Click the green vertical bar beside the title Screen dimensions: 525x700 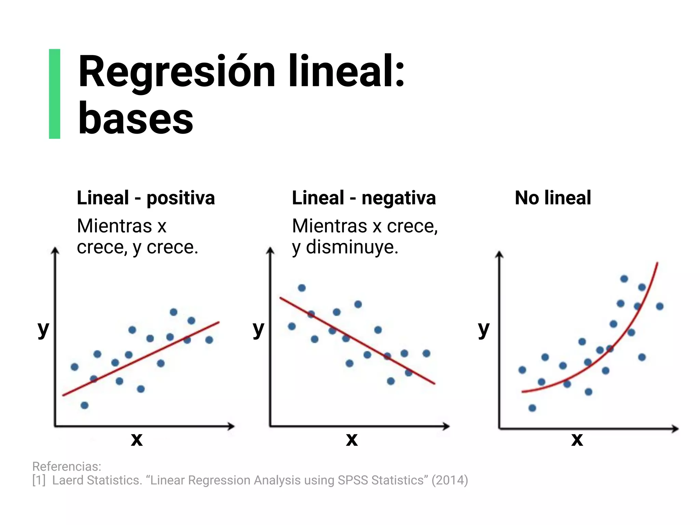tap(55, 94)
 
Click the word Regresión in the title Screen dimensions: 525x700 tap(177, 72)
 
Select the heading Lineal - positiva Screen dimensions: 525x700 tap(146, 198)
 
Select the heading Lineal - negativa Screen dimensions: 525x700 tap(364, 198)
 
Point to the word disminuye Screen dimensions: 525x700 tap(352, 247)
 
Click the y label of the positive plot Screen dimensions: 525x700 tap(43, 329)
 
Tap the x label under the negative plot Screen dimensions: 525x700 tap(352, 439)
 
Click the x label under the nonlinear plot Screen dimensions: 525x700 tap(577, 439)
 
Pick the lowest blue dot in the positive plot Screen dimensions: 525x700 tap(84, 405)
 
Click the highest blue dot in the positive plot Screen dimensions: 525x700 tap(174, 312)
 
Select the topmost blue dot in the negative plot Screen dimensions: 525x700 tap(301, 288)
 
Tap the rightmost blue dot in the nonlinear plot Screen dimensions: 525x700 tap(660, 306)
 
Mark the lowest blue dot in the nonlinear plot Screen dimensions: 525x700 tap(532, 408)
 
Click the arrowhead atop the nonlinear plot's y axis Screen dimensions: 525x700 tap(499, 254)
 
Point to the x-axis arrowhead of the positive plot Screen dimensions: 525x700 tap(231, 426)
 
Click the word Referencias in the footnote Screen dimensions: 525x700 tap(66, 466)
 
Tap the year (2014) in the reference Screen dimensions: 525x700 tap(449, 480)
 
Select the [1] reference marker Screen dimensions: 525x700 tap(39, 480)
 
